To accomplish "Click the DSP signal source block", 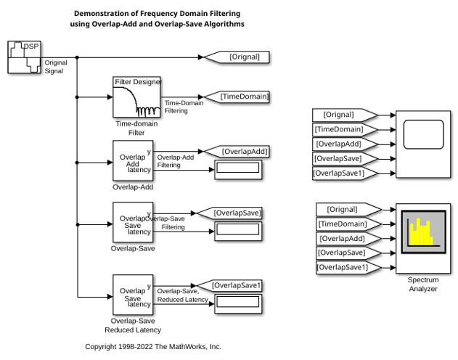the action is click(24, 57).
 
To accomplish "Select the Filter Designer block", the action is click(136, 97).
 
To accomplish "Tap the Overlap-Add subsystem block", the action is click(133, 161).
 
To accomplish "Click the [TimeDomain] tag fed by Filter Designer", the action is click(237, 97).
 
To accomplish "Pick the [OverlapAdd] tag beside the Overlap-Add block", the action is click(237, 152).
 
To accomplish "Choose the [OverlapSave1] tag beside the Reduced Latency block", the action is click(229, 285).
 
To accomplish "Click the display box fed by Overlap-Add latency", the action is click(238, 170).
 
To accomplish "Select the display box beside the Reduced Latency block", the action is click(238, 304).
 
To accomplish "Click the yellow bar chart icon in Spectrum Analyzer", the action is click(424, 232).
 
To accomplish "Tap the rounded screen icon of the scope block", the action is click(424, 134).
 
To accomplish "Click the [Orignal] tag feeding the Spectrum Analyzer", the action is click(349, 210).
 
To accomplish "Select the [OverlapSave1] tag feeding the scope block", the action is click(345, 173).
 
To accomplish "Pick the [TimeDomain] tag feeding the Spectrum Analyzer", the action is click(349, 224).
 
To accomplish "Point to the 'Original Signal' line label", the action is click(56, 67).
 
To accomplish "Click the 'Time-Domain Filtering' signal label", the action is click(184, 107).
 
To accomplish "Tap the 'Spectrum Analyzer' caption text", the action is click(423, 284).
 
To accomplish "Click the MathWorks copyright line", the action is click(153, 347).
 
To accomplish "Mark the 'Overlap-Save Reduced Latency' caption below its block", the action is click(133, 325).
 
